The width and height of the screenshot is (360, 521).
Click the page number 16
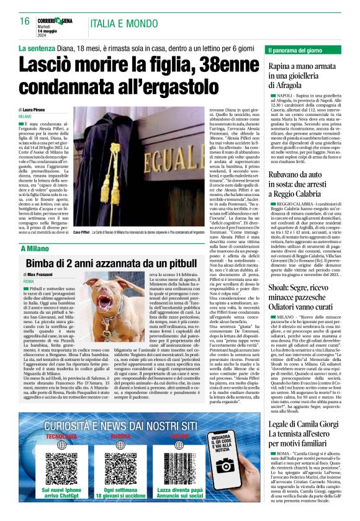[x=25, y=22]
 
